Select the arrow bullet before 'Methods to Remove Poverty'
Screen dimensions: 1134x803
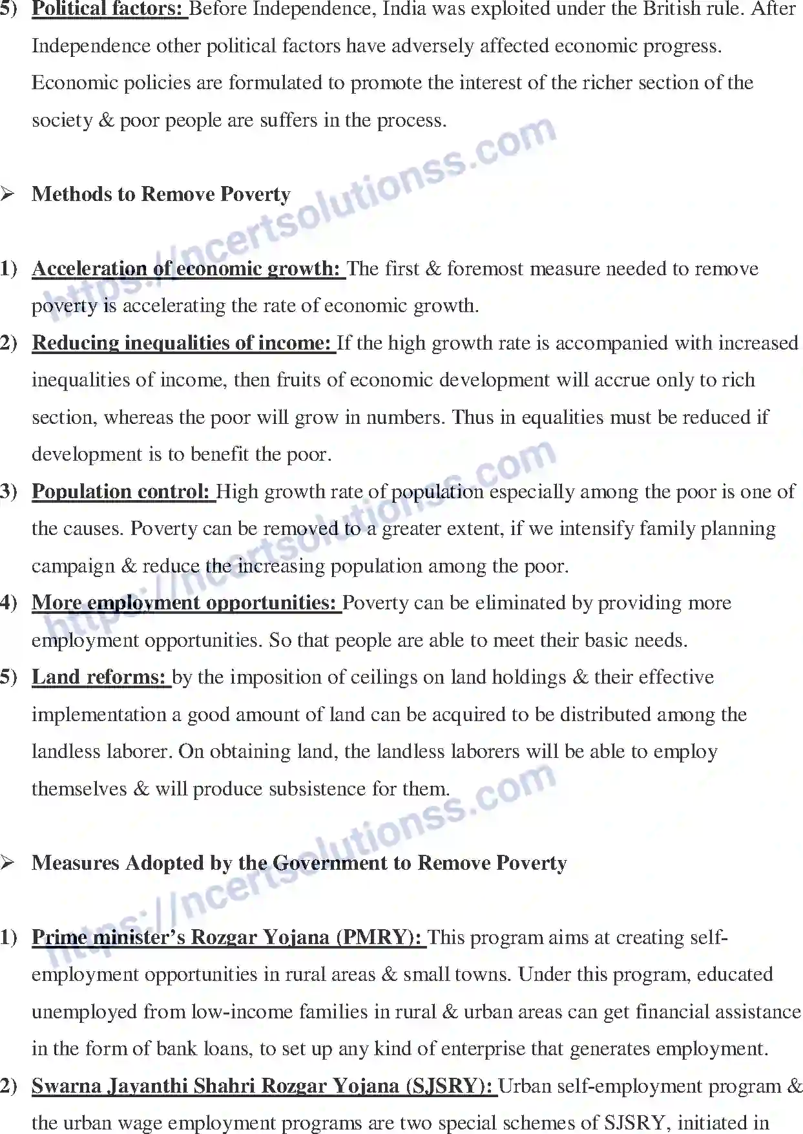[x=8, y=194]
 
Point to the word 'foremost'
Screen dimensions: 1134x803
[x=485, y=269]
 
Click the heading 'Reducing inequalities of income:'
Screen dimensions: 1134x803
[x=182, y=343]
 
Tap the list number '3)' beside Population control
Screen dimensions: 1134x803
[x=8, y=492]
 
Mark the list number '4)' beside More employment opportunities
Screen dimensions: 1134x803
[x=8, y=603]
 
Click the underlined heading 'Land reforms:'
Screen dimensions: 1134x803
[x=99, y=677]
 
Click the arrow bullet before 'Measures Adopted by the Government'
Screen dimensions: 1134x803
[x=8, y=863]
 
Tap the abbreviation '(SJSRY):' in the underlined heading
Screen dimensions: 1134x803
[x=450, y=1086]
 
